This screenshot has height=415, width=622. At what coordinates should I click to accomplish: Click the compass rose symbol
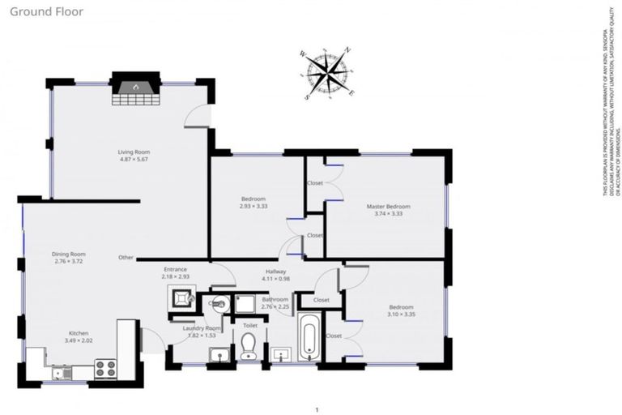coord(327,74)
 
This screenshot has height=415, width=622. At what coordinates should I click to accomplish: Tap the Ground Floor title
coord(37,11)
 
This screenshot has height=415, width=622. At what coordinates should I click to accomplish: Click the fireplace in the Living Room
coord(135,89)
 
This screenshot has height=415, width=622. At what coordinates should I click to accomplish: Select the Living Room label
coord(134,152)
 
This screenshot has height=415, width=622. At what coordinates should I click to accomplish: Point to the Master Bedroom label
coord(388,206)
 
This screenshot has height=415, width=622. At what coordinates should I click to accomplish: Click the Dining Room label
coord(69,254)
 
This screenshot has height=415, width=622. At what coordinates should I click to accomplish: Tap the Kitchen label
coord(78,333)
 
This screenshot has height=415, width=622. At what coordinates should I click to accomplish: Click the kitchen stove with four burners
coord(106,368)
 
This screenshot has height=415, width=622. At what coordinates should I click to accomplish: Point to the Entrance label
coord(176,269)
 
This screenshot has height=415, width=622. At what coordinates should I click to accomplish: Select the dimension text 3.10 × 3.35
coord(402,315)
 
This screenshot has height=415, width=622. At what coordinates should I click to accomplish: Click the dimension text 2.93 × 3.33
coord(253,207)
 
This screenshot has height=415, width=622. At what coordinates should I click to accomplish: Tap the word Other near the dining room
coord(126,258)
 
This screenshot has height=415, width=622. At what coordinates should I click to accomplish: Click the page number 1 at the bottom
coord(317,409)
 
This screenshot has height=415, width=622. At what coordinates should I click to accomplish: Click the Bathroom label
coord(275,300)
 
